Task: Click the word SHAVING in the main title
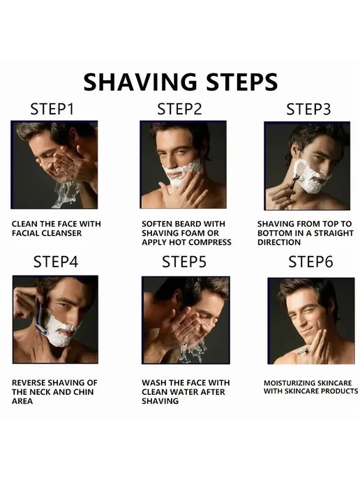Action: (140, 82)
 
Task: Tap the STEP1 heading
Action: (52, 109)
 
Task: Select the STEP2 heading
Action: (179, 109)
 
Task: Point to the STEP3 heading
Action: (308, 109)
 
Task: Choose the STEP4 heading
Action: (56, 262)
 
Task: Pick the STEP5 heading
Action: (184, 262)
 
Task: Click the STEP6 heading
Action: (310, 262)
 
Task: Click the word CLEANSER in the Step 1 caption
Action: (61, 233)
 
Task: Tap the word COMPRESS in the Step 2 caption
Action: (210, 242)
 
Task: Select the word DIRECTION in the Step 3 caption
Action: (279, 242)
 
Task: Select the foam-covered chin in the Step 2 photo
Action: (176, 181)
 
